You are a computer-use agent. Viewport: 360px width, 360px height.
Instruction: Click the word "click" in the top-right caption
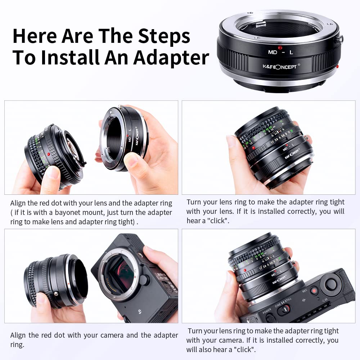(218, 221)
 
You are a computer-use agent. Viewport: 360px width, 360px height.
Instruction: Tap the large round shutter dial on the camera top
(330, 284)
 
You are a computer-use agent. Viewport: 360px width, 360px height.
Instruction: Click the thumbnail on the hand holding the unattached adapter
(131, 160)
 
